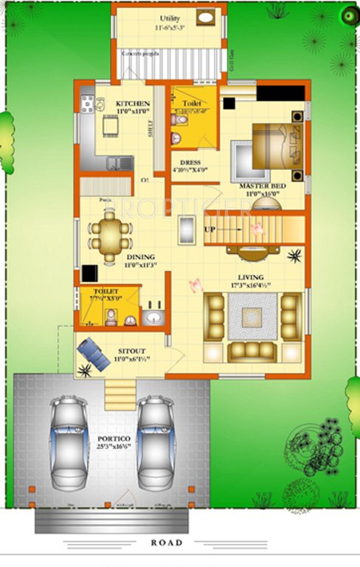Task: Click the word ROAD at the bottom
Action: pos(166,542)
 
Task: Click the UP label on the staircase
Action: pos(210,230)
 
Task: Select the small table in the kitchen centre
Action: pos(111,126)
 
